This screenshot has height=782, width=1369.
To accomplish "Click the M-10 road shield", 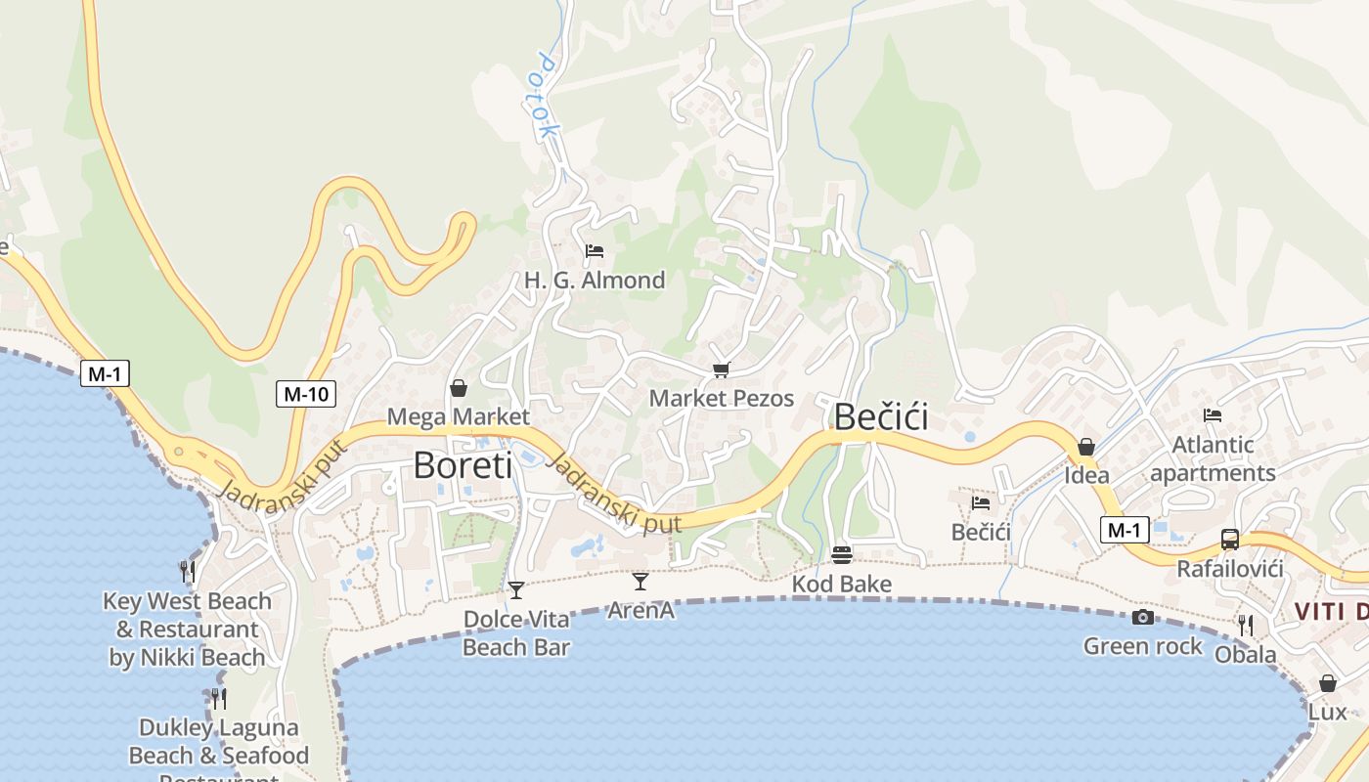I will (x=306, y=394).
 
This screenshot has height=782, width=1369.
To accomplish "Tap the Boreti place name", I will (x=463, y=464).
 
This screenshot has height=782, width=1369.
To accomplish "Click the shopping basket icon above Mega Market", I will (x=458, y=388).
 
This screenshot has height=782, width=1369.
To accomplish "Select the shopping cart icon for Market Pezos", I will (x=722, y=369).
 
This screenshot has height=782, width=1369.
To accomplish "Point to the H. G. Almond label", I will (x=595, y=281).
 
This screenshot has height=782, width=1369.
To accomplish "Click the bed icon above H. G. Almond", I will (x=594, y=251).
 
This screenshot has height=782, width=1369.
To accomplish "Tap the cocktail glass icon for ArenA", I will (x=640, y=582).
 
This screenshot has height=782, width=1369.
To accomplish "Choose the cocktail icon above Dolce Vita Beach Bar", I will (x=516, y=589).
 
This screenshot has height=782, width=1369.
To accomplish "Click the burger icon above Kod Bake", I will (x=842, y=554).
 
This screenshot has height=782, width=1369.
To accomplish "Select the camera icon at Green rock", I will (x=1142, y=617).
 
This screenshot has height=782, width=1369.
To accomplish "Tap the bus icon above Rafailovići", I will (x=1230, y=539).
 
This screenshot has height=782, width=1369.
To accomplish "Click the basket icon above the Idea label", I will (x=1086, y=447).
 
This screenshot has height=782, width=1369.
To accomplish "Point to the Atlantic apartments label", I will (x=1213, y=458).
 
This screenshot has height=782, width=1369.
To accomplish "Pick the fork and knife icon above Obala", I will (x=1246, y=625).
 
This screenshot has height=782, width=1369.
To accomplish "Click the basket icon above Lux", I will (x=1328, y=682).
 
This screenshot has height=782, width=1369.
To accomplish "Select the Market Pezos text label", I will (x=722, y=398).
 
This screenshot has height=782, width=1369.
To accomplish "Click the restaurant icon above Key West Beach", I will (x=188, y=571).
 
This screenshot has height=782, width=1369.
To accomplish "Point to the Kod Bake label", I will (x=842, y=585).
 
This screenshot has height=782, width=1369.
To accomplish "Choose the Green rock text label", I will (x=1143, y=646).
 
